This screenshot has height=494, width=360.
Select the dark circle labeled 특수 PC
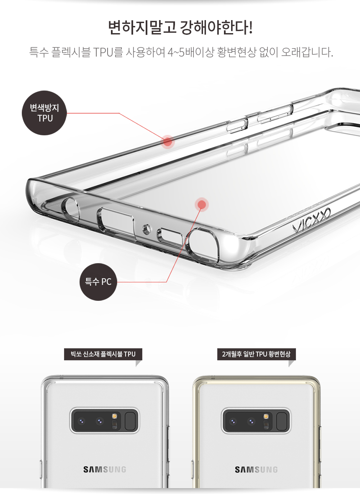coord(98,282)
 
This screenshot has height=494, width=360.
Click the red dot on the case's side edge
coord(167,142)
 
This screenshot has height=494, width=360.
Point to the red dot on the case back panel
coord(202,204)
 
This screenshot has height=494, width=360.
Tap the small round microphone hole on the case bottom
coord(146,228)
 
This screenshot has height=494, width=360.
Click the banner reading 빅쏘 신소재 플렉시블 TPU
coord(103,354)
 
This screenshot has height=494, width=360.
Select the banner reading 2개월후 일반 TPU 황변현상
coord(256,354)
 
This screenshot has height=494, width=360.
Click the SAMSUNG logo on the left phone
coord(105,469)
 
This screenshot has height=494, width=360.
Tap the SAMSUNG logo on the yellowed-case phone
coord(256,469)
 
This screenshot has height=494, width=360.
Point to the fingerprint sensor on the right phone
coord(283,421)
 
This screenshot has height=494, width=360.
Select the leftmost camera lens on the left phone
coord(82,421)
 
